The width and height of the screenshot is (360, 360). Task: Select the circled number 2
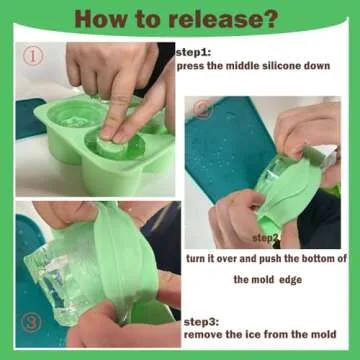click(x=203, y=109)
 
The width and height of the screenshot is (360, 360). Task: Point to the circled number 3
click(x=32, y=322)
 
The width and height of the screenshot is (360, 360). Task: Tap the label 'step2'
click(x=266, y=238)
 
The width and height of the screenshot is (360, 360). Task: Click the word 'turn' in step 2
click(x=198, y=258)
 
